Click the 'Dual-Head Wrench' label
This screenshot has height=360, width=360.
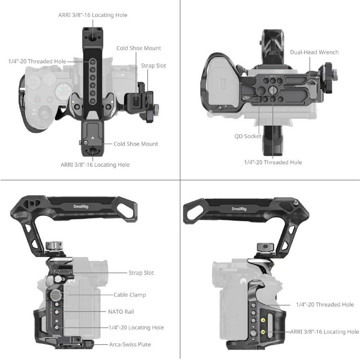click(314, 52)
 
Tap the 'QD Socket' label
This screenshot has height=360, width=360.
click(248, 136)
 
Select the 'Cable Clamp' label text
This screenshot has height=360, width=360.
click(130, 295)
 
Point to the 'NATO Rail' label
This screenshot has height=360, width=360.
click(121, 312)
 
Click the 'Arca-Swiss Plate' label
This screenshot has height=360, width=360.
click(130, 345)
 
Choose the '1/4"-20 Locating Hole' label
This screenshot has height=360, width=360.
click(136, 327)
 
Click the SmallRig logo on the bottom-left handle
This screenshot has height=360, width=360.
click(81, 207)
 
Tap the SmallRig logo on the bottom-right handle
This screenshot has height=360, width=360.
click(239, 209)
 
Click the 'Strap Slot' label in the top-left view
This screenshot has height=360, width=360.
click(153, 66)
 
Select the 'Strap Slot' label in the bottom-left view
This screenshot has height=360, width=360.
click(141, 273)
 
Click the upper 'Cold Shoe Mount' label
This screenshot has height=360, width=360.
click(139, 48)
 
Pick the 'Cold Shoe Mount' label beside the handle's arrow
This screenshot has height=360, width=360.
click(136, 144)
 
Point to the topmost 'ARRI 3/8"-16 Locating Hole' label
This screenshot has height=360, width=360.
click(93, 15)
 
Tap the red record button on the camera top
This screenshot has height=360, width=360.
click(38, 100)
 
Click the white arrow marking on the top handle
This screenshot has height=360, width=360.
click(93, 138)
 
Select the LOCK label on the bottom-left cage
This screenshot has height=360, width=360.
click(70, 277)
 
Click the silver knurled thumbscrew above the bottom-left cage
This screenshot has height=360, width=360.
click(53, 245)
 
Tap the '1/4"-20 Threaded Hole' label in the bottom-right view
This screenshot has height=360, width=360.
click(325, 305)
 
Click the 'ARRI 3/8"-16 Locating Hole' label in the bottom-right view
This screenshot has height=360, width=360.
click(324, 332)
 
